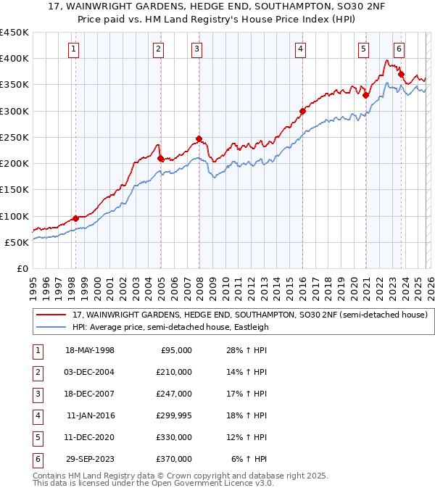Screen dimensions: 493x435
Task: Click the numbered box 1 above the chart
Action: click(x=75, y=49)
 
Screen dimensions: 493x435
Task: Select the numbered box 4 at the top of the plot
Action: click(x=300, y=49)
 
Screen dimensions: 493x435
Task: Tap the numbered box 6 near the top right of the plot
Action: click(x=399, y=49)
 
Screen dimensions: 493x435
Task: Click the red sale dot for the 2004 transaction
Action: click(x=160, y=158)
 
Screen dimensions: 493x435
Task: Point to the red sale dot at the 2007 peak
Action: click(x=199, y=138)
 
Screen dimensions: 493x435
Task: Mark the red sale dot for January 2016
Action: click(x=302, y=111)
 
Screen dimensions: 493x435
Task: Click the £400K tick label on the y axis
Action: click(x=14, y=59)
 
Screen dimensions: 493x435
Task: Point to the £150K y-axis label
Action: click(x=14, y=190)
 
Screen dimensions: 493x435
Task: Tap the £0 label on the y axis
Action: click(x=22, y=268)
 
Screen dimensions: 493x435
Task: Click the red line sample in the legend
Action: click(x=51, y=315)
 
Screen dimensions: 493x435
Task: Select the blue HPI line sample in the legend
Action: click(x=51, y=327)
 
